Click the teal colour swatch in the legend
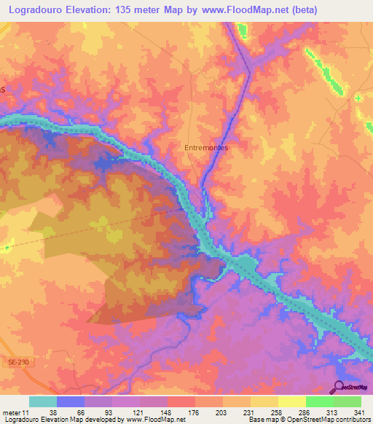click(x=42, y=401)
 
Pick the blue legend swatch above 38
click(x=70, y=401)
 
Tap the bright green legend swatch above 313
click(x=319, y=401)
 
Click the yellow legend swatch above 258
click(x=264, y=401)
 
